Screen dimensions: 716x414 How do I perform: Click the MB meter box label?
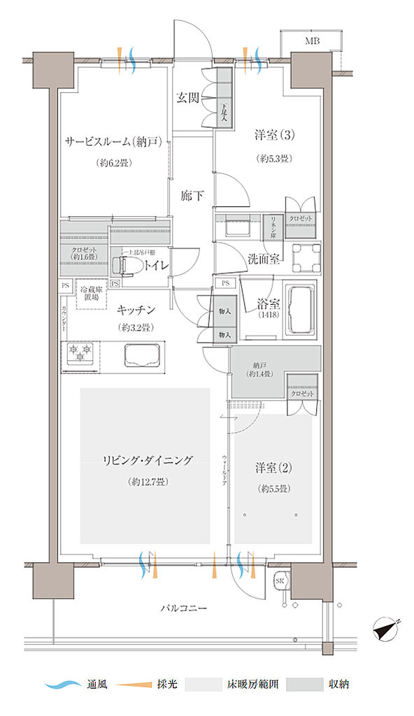(x=312, y=41)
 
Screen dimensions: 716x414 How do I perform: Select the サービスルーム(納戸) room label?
(x=114, y=143)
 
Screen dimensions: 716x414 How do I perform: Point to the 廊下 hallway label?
(x=192, y=196)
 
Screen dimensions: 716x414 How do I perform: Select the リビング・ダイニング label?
(x=146, y=460)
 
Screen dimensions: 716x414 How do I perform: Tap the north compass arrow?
(x=385, y=629)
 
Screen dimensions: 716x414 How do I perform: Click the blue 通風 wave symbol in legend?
(x=63, y=685)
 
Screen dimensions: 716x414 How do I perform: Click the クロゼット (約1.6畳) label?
(x=84, y=254)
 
